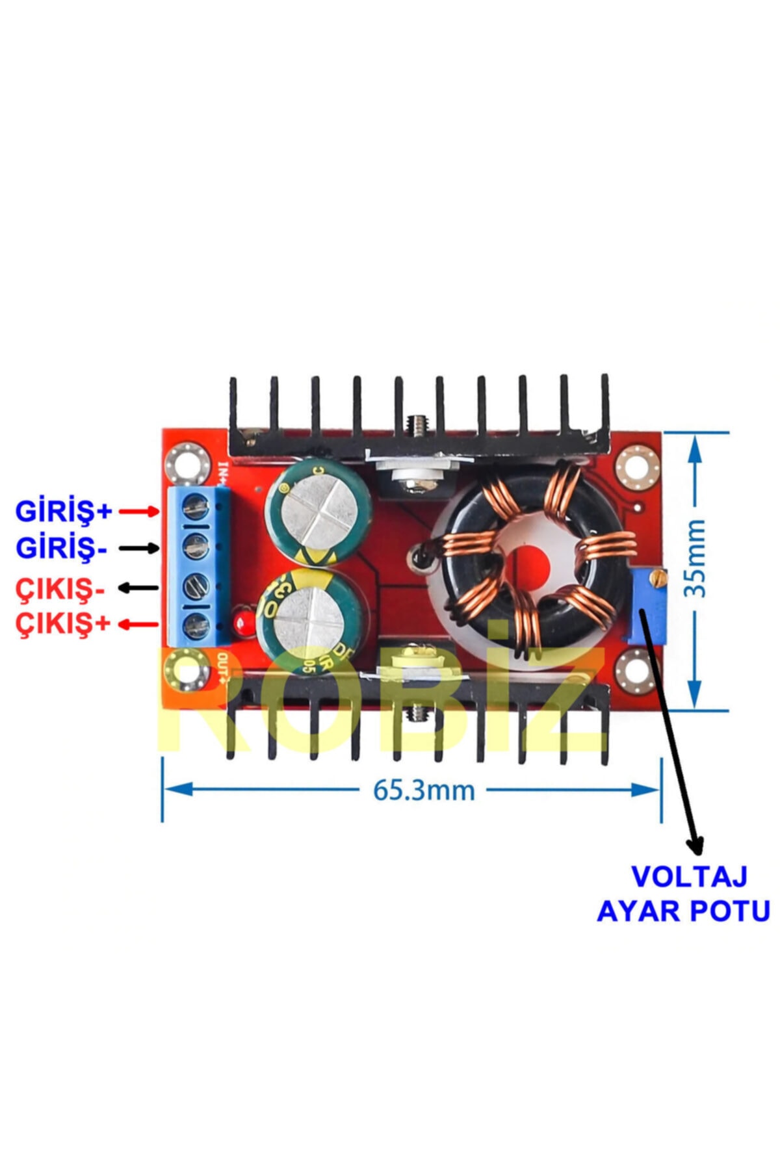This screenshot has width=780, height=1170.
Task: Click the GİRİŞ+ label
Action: [x=64, y=511]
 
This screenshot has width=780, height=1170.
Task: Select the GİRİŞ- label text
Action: [x=61, y=549]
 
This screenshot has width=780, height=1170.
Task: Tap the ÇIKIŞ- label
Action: [x=60, y=589]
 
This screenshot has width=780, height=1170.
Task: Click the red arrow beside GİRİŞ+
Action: [x=139, y=512]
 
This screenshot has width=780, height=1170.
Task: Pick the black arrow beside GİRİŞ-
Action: [x=139, y=549]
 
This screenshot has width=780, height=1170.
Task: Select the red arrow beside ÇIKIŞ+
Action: [x=139, y=625]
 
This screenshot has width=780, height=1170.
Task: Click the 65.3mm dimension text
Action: [x=423, y=790]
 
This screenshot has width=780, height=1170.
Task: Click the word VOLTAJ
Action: [x=690, y=877]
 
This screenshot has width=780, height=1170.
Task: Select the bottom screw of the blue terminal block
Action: [x=196, y=625]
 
